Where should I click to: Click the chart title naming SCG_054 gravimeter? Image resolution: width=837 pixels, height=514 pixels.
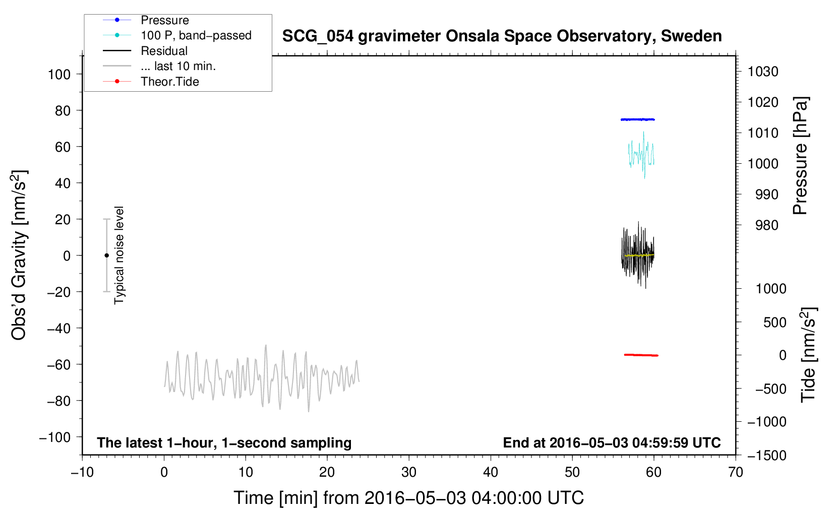(x=502, y=36)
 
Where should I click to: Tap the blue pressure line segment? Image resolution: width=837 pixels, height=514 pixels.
(x=637, y=119)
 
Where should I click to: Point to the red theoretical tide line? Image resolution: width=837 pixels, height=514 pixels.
(x=641, y=355)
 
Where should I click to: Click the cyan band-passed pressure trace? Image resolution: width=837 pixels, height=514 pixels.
(x=641, y=155)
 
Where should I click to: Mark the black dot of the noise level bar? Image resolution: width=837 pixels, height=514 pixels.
(x=106, y=255)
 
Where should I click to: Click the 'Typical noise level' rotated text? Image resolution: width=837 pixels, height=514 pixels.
(x=119, y=255)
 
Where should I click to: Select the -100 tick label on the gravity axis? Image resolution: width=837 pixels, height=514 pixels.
(x=55, y=437)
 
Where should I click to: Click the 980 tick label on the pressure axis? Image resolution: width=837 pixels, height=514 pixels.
(x=767, y=225)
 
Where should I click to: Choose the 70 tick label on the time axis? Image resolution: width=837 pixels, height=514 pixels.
(x=735, y=472)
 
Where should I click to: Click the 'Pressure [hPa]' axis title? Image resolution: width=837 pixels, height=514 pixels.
(x=800, y=156)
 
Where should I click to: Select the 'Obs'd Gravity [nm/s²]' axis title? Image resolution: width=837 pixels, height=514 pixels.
(x=19, y=255)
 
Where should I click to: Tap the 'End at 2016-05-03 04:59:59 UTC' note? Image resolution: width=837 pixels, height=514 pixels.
(x=612, y=442)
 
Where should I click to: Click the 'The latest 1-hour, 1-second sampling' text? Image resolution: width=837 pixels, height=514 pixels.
(x=224, y=443)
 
